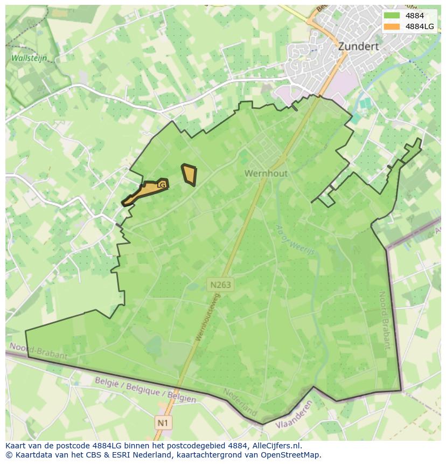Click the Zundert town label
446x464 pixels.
point(358,46)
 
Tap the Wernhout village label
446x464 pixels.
point(266,174)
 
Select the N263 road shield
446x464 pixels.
point(221,284)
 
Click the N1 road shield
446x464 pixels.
point(163,423)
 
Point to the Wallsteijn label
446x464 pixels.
point(29,58)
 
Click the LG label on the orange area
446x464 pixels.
point(161,185)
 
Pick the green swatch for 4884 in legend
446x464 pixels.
point(392,16)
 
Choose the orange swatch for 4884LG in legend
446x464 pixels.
point(392,26)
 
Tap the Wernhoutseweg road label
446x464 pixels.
point(208,317)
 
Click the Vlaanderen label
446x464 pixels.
point(294,415)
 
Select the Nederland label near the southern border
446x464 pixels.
point(240,402)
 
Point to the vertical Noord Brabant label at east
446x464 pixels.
point(384,320)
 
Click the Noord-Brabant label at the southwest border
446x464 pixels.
point(39,351)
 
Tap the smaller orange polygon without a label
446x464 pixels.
point(189,175)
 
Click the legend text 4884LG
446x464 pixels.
point(420,26)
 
